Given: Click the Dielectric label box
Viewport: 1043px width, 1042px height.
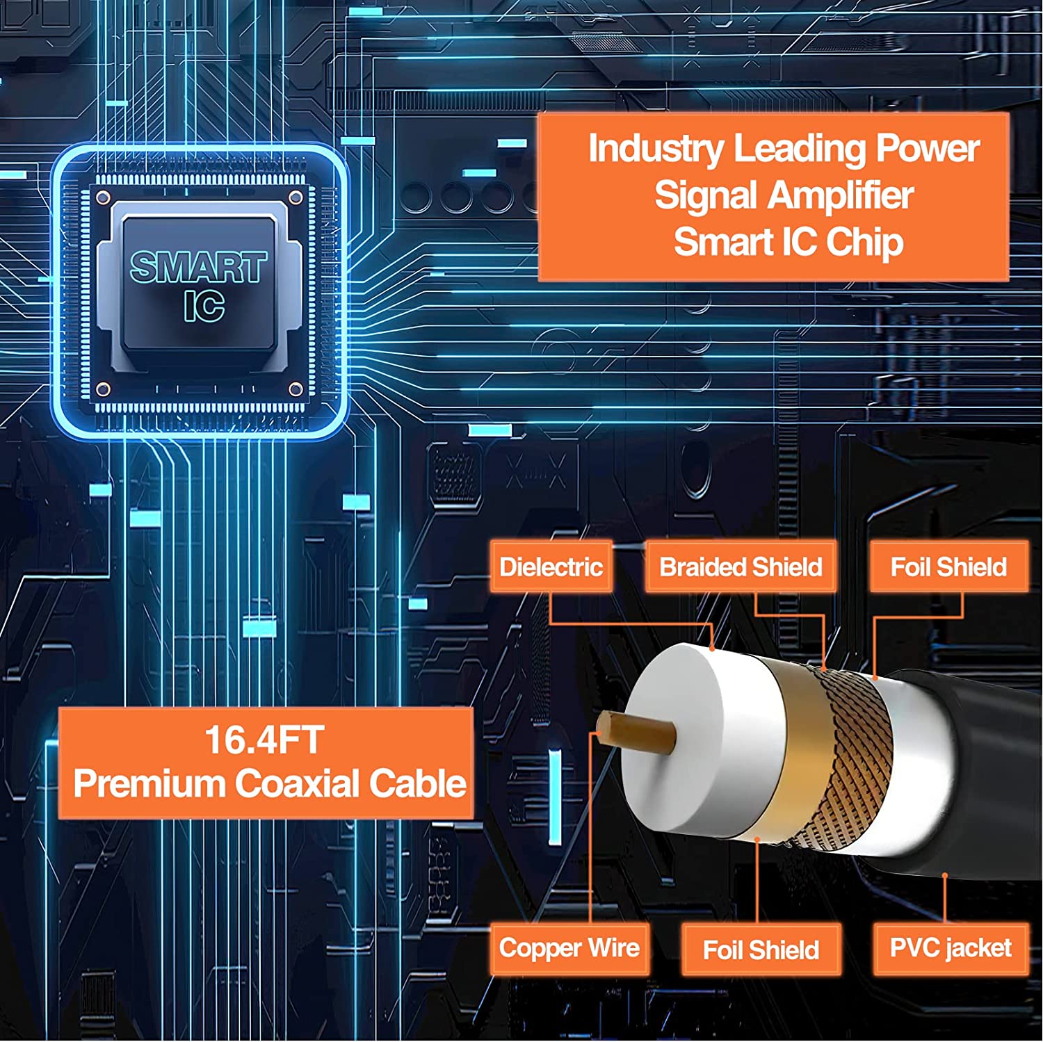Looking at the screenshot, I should coord(551,567).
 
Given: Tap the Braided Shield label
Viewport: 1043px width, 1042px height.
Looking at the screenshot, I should coord(741,567).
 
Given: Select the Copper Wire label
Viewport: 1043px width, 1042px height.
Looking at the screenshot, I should coord(569,948).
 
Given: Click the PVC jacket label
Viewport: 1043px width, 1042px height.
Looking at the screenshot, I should coord(951,948).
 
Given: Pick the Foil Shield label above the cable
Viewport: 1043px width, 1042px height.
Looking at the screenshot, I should coord(948,567).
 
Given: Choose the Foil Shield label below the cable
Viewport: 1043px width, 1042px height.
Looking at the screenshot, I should coord(761,950).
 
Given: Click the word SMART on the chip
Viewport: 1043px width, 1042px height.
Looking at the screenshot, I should coord(199,268).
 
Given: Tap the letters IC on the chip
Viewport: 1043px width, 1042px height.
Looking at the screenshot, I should coord(204,306).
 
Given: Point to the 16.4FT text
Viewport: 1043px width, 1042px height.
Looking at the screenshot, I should coord(264,740).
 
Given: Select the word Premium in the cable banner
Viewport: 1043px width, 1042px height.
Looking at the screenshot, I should coord(149,783).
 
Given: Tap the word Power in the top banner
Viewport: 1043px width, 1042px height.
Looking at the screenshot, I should coord(928,149).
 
